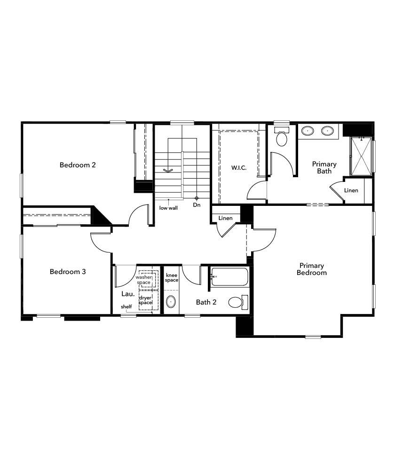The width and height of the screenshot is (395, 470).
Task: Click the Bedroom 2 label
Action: (x=78, y=165)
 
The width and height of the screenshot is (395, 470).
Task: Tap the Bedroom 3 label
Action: (x=68, y=272)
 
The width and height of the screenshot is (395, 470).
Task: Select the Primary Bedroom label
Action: (x=311, y=269)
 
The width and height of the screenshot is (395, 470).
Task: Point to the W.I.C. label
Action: (x=239, y=168)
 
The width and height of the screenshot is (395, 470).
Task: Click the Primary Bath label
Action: (x=324, y=167)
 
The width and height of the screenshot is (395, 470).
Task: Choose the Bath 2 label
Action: (x=206, y=302)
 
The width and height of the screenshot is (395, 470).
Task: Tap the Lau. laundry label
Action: (x=128, y=294)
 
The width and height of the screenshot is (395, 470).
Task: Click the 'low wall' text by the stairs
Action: (x=168, y=208)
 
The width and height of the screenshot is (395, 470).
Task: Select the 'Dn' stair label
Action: (x=197, y=205)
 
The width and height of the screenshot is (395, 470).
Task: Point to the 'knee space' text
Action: (x=172, y=277)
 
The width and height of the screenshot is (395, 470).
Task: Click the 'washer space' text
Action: (x=143, y=280)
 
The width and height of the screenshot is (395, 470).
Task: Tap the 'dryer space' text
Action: (x=146, y=300)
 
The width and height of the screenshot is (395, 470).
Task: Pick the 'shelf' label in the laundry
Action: (x=126, y=307)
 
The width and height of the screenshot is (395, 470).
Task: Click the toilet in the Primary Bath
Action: (x=282, y=138)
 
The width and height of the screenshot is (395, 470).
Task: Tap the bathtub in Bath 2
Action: (x=229, y=277)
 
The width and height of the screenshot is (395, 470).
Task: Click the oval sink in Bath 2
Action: (x=172, y=302)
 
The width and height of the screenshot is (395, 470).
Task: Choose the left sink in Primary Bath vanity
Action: (x=308, y=130)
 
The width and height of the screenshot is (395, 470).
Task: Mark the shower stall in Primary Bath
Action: (x=361, y=156)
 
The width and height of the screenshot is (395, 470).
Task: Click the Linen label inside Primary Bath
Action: (x=351, y=190)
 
